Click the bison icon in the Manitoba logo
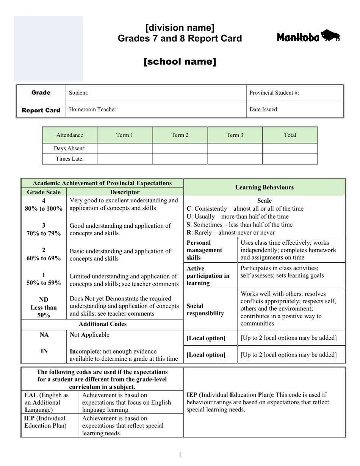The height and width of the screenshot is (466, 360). point(331,36)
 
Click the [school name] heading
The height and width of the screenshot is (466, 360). point(180,62)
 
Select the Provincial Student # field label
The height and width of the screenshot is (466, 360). point(274,93)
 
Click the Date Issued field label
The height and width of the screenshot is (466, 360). point(264,109)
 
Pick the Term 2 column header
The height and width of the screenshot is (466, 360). point(180,135)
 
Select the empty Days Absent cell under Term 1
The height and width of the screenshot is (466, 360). point(125,149)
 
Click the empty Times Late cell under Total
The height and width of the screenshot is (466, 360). point(290,159)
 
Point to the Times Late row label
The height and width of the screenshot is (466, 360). point(70,159)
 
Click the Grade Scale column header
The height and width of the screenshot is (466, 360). point(44,192)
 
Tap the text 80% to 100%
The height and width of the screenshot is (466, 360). point(44,208)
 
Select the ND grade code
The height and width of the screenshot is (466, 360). point(44,299)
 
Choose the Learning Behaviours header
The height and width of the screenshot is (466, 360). point(264,187)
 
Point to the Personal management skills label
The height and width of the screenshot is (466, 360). point(204,250)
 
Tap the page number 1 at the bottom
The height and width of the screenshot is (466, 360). point(180,455)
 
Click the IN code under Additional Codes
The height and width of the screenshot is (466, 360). point(44,351)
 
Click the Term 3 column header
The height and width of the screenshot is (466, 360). point(235,135)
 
